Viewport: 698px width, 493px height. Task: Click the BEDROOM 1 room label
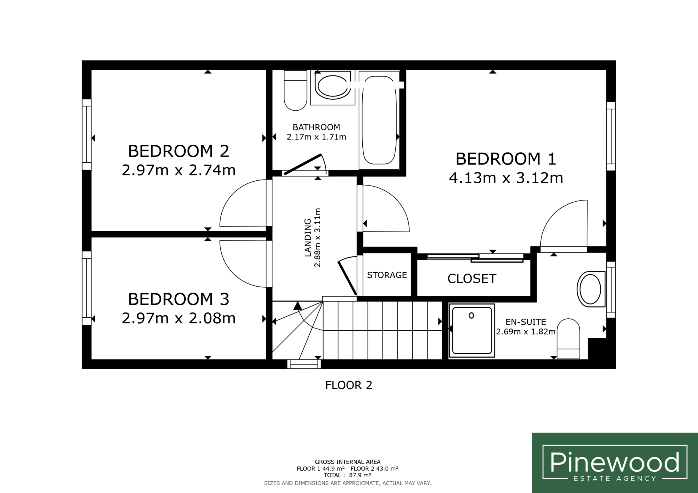coord(506,159)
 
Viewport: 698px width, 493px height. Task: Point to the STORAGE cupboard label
coord(387,275)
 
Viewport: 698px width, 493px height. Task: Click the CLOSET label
coord(472,279)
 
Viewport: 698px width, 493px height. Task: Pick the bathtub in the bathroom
coord(379,120)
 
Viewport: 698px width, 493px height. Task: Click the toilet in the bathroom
coord(295,90)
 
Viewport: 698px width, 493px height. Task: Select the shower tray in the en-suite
coord(472,330)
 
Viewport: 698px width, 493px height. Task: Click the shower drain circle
coord(471,316)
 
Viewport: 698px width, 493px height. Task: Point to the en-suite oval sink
coord(591,289)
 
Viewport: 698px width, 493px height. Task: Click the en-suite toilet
coord(568,338)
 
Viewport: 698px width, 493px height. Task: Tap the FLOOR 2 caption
coord(349,385)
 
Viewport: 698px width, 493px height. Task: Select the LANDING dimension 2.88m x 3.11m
coord(317,238)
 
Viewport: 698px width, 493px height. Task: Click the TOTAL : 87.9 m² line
coord(347,475)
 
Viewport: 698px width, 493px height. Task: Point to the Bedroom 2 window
coord(87,134)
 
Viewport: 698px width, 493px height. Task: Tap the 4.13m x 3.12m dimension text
coord(506,178)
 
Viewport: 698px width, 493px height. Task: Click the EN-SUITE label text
coord(526,322)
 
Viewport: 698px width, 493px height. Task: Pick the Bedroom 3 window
coord(87,288)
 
